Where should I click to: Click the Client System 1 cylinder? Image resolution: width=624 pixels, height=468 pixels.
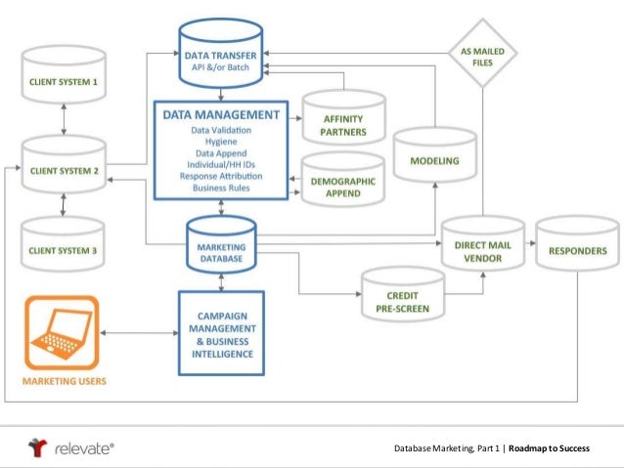[63, 79]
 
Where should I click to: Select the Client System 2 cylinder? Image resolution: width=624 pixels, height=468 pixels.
[63, 169]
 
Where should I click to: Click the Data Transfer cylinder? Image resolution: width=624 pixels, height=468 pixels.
[219, 48]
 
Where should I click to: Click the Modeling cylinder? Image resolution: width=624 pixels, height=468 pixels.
[434, 159]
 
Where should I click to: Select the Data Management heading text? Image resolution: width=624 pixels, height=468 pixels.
[222, 115]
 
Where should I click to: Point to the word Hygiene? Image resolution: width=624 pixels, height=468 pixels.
[222, 142]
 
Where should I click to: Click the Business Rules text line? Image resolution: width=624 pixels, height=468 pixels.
[222, 188]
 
